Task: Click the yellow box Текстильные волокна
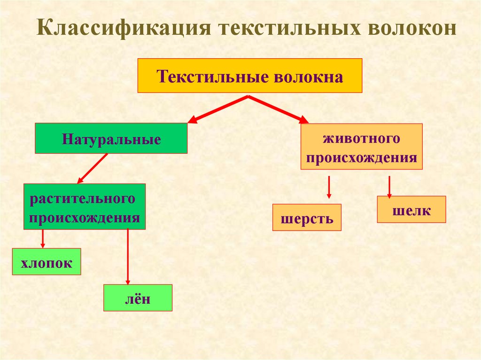tap(249, 76)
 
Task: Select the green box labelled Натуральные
tap(111, 138)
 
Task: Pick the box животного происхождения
tap(361, 146)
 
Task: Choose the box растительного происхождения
tap(85, 207)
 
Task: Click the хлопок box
tap(47, 261)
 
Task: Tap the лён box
tap(138, 298)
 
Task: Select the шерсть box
tap(307, 217)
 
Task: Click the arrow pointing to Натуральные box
tap(217, 109)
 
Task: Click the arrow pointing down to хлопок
tap(43, 238)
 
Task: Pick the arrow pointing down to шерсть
tap(329, 187)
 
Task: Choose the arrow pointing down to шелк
tap(389, 186)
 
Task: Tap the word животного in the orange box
tap(361, 138)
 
